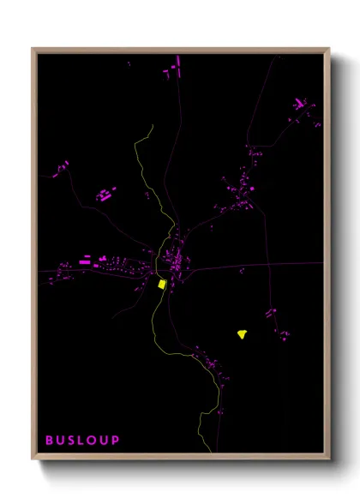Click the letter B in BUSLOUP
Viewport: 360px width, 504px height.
coord(50,441)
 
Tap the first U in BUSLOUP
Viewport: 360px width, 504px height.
coord(62,441)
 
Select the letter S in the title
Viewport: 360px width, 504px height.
coord(73,441)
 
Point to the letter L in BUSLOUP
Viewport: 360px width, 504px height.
coord(83,441)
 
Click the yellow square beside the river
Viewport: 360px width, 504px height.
coord(161,284)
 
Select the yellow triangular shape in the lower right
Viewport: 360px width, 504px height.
coord(243,334)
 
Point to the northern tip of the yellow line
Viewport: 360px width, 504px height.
coord(151,126)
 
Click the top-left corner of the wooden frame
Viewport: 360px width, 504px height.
coord(33,48)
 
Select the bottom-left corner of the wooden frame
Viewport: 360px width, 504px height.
coord(33,459)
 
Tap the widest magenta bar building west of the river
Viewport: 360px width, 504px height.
coord(86,260)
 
